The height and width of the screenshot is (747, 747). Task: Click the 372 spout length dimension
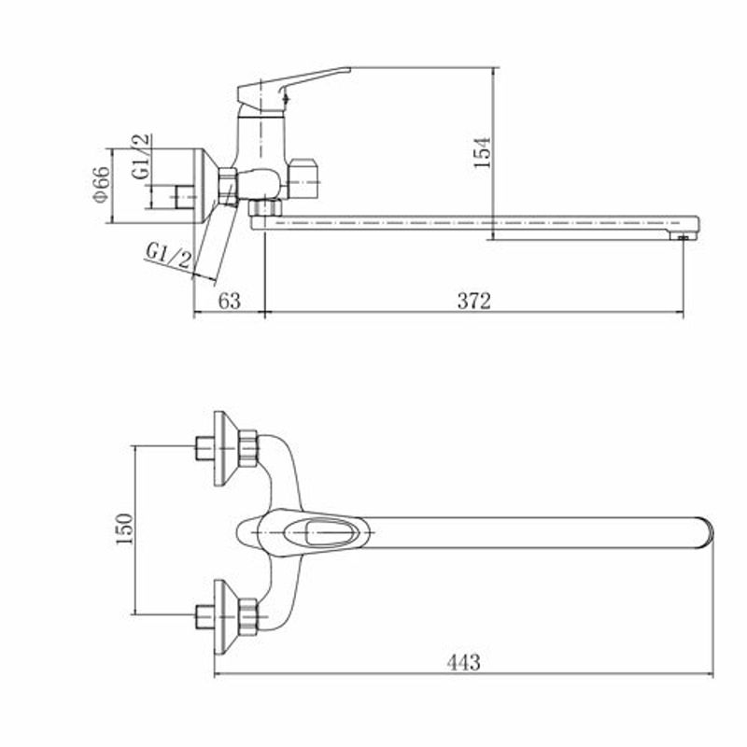point(474,301)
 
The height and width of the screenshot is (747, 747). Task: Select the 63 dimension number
point(229,301)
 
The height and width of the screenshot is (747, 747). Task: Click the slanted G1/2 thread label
point(169,256)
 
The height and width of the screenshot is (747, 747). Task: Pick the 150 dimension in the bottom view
point(125,529)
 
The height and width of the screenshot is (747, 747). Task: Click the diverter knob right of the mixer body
point(304,180)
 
